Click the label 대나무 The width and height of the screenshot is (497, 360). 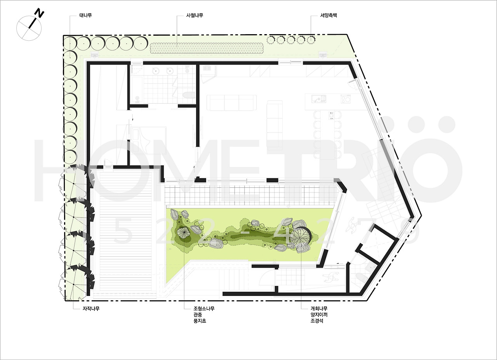click(85, 15)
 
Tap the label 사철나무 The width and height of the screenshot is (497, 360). click(195, 15)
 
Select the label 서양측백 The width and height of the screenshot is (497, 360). click(328, 15)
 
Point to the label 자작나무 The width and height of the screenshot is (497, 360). click(91, 308)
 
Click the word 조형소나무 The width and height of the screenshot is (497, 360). click(204, 308)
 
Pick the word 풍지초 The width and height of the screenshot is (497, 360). click(200, 321)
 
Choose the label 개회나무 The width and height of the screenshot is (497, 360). click(319, 308)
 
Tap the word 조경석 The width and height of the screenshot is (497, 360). click(316, 321)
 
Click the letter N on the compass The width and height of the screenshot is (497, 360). click(40, 13)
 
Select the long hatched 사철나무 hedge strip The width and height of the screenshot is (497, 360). click(207, 48)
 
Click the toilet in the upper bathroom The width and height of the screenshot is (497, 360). click(189, 95)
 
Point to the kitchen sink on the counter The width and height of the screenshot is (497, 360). click(319, 99)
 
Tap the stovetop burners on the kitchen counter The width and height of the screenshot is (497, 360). click(346, 99)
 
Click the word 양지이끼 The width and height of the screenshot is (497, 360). click(319, 315)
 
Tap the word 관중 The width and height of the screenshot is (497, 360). click(198, 315)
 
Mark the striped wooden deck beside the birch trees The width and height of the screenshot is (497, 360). click(125, 232)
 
